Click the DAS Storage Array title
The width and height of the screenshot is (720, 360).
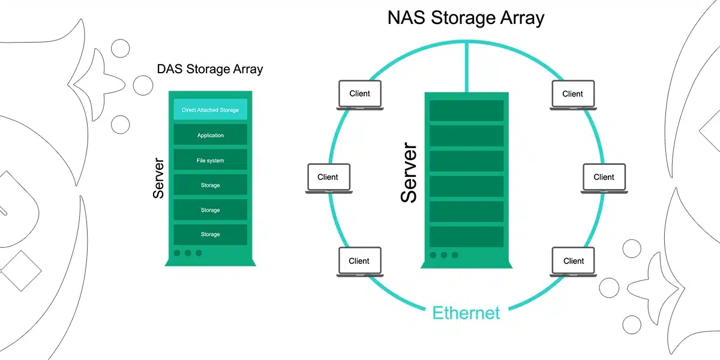210,69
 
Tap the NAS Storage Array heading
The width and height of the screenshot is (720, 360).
466,17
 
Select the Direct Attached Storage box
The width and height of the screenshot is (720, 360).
210,110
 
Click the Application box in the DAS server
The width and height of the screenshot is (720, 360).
210,135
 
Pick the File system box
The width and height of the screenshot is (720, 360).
210,160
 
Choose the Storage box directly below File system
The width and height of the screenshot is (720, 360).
210,185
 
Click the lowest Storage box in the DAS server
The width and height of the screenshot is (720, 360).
210,234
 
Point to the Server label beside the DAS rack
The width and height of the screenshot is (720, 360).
158,178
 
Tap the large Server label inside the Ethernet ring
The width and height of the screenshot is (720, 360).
409,172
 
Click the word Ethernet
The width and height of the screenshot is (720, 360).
466,313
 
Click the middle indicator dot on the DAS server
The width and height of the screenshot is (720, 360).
188,253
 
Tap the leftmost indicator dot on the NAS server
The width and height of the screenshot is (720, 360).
433,255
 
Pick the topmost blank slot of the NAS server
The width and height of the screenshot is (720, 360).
466,110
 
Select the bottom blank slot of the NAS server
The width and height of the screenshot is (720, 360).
466,236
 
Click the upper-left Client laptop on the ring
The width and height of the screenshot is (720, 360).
359,95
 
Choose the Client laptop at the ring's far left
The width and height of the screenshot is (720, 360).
328,178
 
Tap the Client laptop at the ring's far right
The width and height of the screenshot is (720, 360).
604,178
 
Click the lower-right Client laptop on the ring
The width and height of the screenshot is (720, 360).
574,262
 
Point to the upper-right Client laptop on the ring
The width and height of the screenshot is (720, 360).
573,95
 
